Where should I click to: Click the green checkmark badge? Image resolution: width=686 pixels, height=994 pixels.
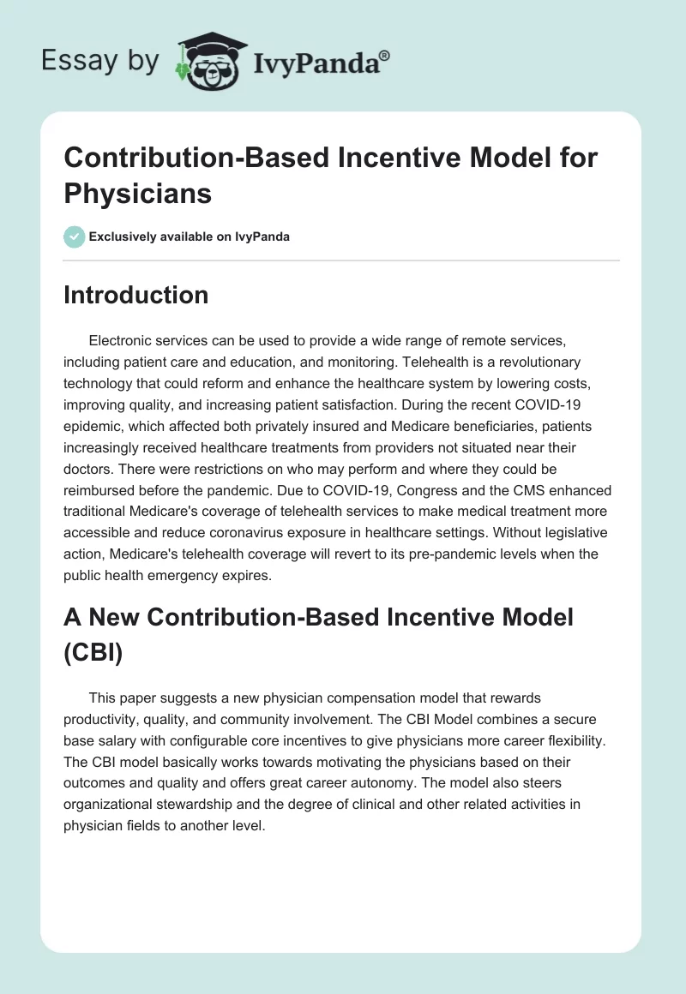coord(75,237)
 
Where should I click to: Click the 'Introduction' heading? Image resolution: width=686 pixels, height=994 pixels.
coord(136,295)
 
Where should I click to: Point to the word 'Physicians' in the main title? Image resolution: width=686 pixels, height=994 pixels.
coord(138,193)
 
